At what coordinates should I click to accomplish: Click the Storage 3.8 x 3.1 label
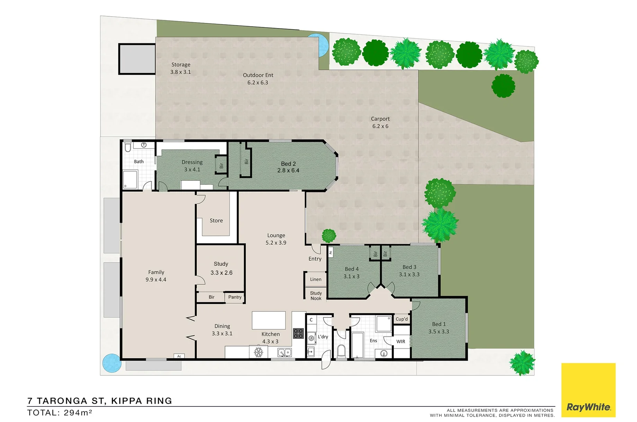click(181, 68)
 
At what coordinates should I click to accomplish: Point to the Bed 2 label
click(288, 164)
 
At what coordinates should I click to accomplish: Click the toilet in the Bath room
click(127, 148)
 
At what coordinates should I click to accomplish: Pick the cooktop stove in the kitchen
click(298, 333)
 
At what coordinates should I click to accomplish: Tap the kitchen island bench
click(269, 320)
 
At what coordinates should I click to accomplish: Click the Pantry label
click(235, 297)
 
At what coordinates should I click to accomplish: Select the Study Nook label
click(316, 296)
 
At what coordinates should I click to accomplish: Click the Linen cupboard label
click(316, 279)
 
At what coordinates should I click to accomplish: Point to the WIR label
click(401, 342)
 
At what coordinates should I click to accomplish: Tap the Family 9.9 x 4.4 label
click(156, 276)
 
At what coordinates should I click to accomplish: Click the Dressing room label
click(192, 162)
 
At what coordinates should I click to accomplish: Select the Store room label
click(216, 221)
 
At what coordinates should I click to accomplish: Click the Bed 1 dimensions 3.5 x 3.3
click(439, 332)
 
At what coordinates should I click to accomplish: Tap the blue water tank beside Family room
click(112, 363)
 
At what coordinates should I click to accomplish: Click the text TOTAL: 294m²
click(60, 413)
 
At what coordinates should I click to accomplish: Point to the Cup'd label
click(402, 319)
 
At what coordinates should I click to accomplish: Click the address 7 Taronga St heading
click(100, 401)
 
